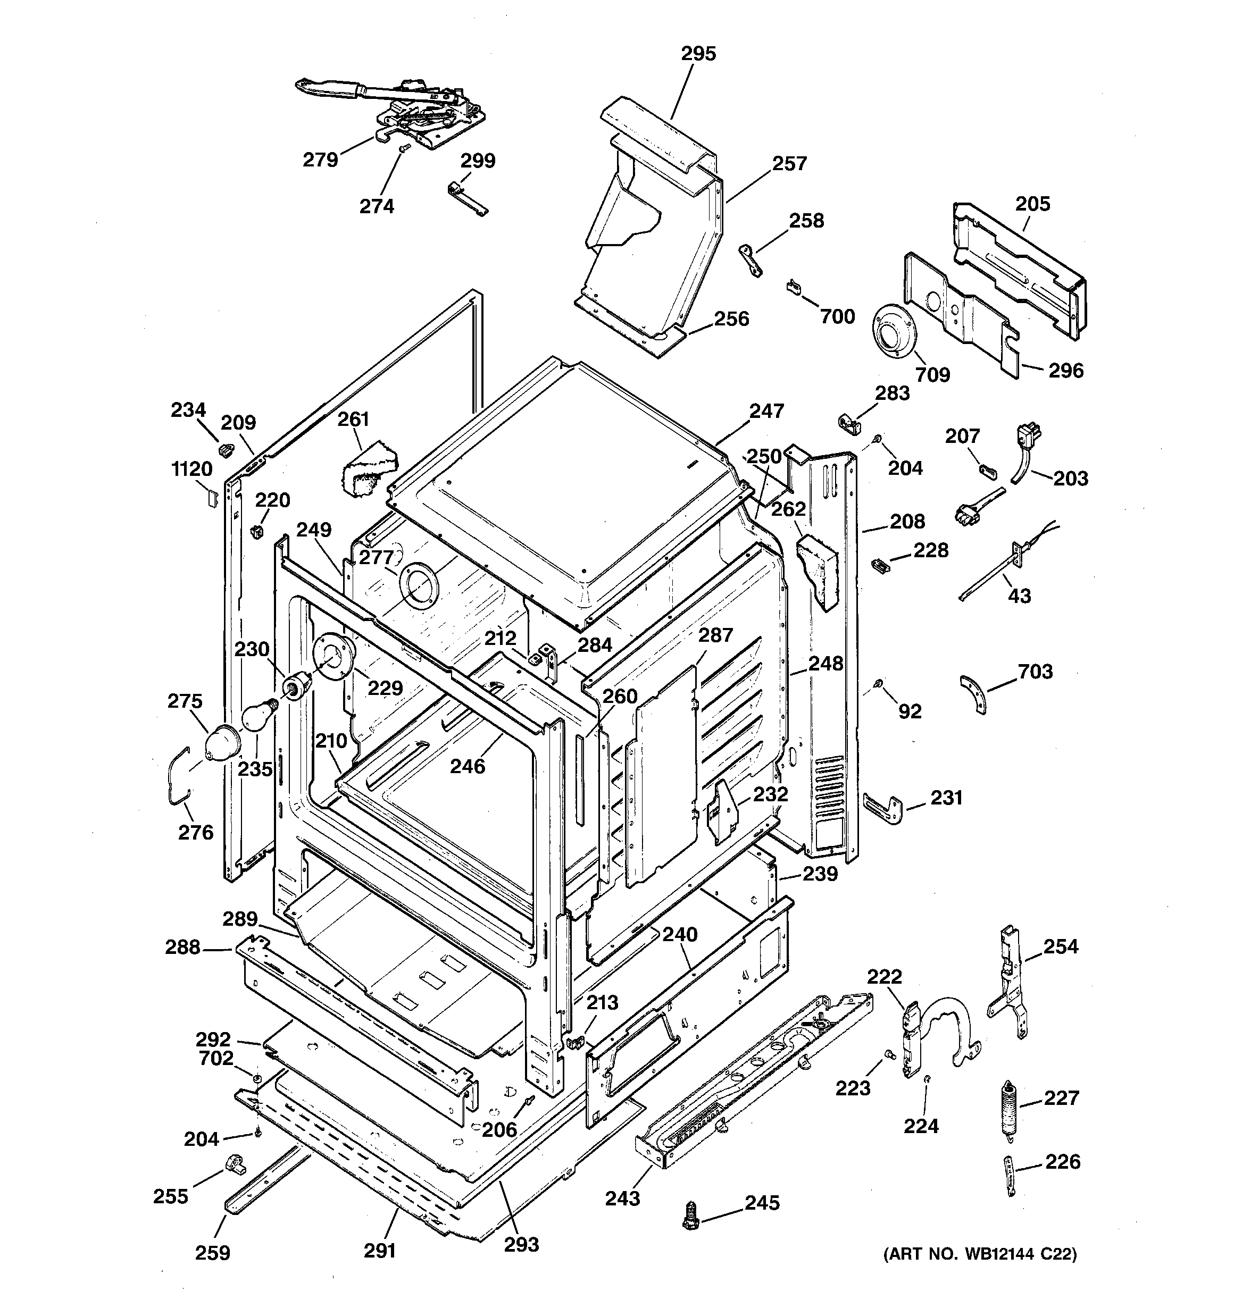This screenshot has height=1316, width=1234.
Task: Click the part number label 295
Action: click(x=699, y=54)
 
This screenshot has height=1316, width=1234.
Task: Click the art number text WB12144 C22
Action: click(x=980, y=1254)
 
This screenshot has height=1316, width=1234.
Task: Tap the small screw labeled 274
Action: click(x=401, y=152)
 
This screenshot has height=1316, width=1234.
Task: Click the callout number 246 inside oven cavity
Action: click(x=468, y=766)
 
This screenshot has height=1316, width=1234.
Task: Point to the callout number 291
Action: click(x=380, y=1251)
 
